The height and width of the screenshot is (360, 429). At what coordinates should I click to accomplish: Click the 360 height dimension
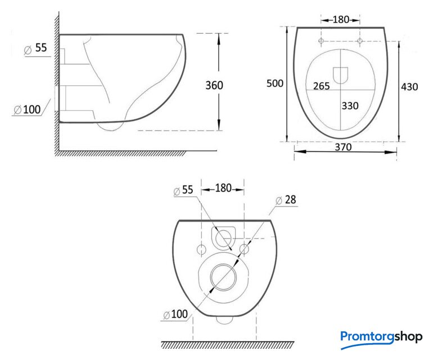(x=214, y=85)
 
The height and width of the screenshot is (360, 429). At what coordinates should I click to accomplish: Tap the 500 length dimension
(x=275, y=83)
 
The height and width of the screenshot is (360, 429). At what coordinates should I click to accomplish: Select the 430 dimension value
(x=409, y=87)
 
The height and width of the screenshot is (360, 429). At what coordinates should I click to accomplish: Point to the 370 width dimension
(x=344, y=147)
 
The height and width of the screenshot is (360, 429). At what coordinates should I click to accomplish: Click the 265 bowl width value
(x=322, y=86)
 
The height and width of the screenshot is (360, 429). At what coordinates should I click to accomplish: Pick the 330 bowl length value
(x=350, y=106)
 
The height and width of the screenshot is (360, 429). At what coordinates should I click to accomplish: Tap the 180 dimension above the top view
(x=341, y=20)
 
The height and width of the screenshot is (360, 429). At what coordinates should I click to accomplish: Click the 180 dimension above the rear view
(x=223, y=188)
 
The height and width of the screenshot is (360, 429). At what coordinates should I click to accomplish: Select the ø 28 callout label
(x=286, y=200)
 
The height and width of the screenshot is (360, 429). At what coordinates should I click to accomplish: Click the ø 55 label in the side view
(x=36, y=48)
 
